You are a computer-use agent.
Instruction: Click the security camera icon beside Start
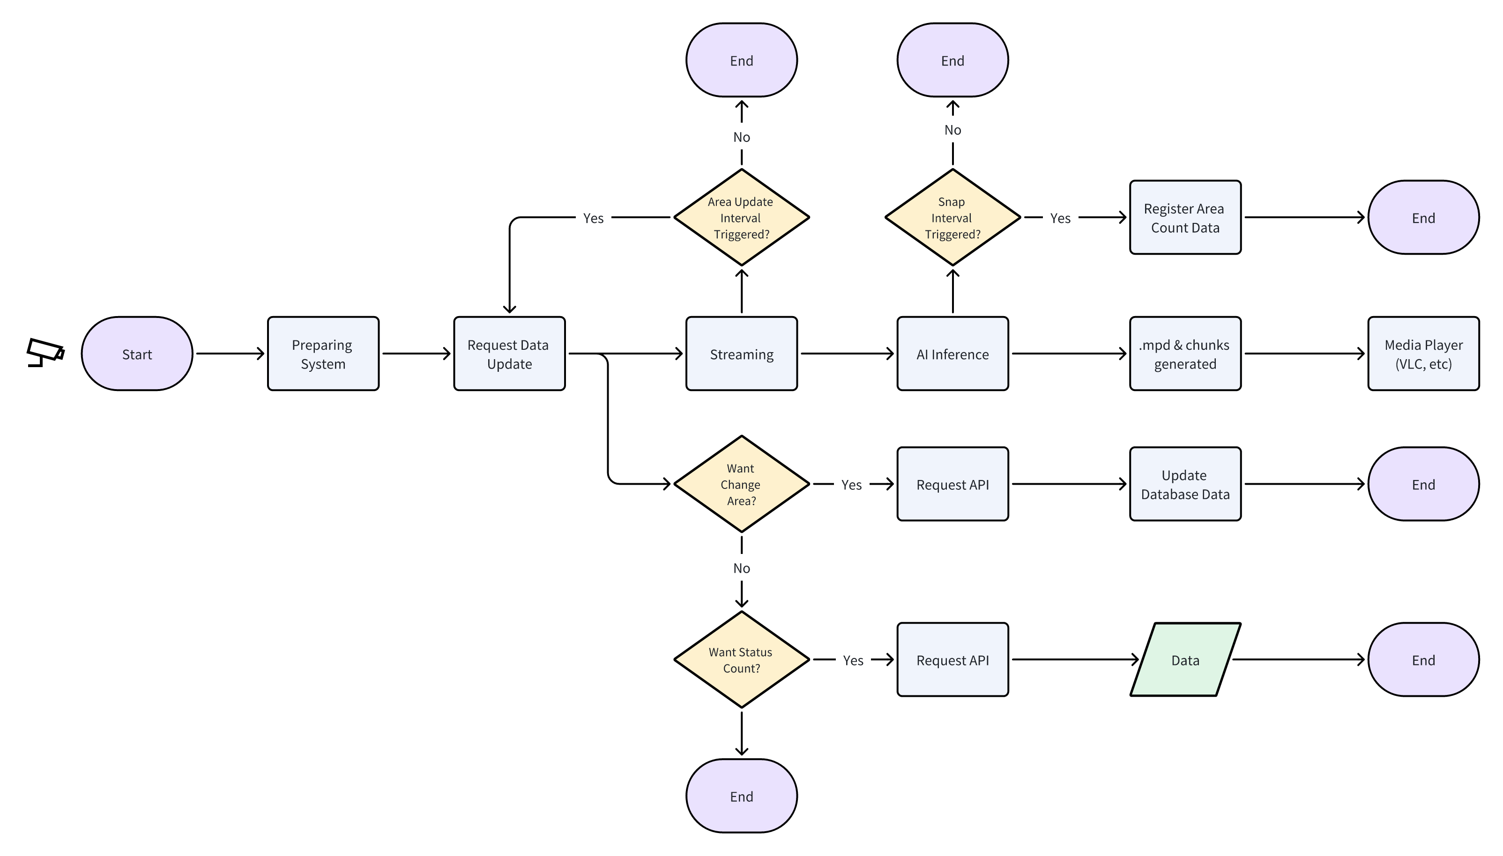pos(45,353)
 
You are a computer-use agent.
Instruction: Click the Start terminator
pos(136,354)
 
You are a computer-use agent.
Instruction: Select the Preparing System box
pos(323,354)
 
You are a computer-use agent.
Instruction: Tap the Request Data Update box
pos(509,354)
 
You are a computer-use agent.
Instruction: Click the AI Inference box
pos(952,354)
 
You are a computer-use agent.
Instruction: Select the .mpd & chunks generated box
pos(1184,354)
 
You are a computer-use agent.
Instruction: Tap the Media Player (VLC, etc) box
pos(1422,354)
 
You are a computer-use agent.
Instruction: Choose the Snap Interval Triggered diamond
pos(952,218)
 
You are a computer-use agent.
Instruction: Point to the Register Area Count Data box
pos(1184,218)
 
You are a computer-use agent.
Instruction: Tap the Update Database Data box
pos(1184,484)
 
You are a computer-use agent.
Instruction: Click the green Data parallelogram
pos(1184,660)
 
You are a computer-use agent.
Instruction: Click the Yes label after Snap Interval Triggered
pos(1060,218)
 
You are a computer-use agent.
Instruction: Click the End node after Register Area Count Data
pos(1422,218)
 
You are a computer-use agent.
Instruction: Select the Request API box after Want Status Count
pos(952,660)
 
